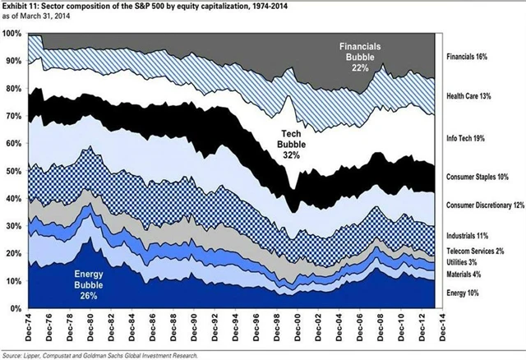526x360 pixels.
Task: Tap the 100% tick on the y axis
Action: point(12,33)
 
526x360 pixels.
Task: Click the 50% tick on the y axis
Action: point(14,171)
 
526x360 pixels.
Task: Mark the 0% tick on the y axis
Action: point(16,308)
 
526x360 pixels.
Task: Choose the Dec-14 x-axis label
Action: point(435,325)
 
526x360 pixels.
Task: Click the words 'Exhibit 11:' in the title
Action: point(22,6)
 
